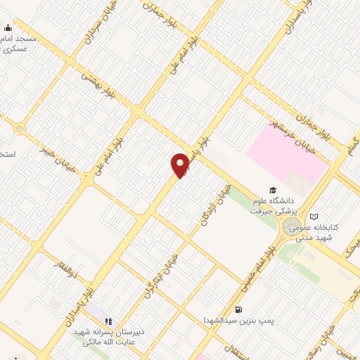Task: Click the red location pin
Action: pyautogui.click(x=180, y=164)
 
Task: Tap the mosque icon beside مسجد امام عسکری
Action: pyautogui.click(x=8, y=28)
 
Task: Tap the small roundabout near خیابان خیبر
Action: pyautogui.click(x=20, y=129)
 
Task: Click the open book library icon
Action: pyautogui.click(x=314, y=217)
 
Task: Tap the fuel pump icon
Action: pyautogui.click(x=239, y=309)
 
